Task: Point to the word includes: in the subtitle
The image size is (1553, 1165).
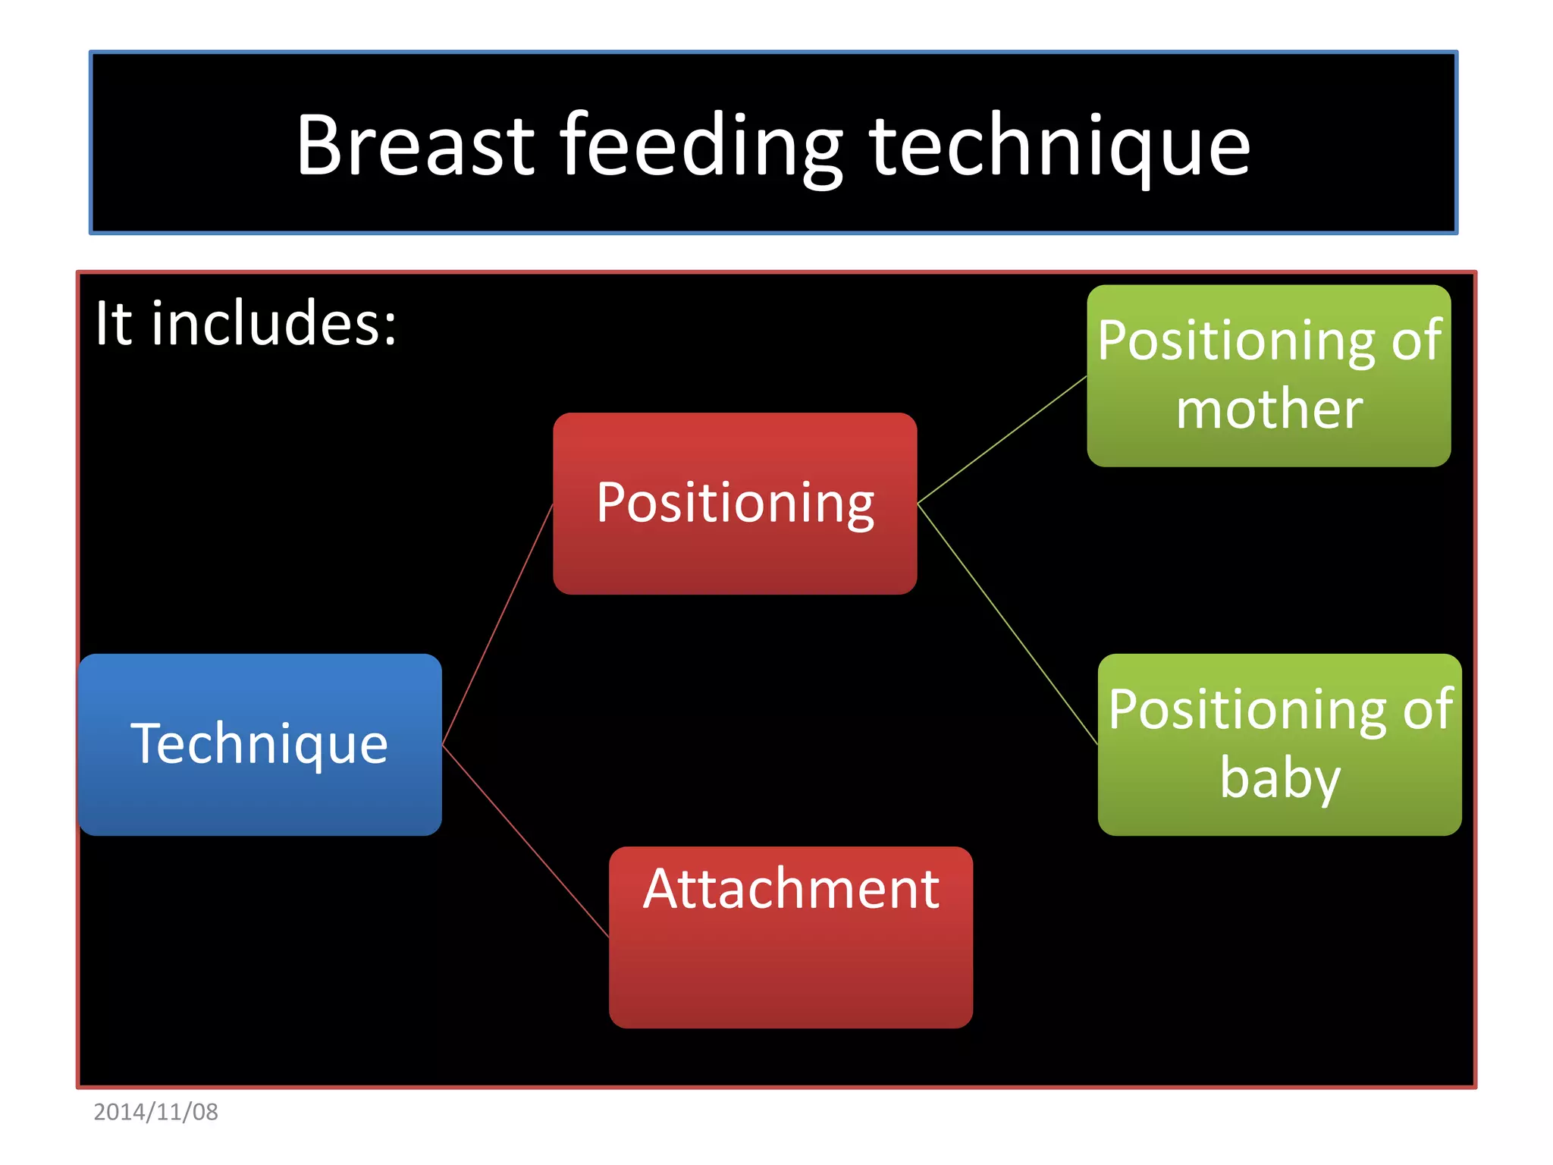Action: [274, 324]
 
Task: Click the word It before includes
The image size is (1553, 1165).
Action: [113, 324]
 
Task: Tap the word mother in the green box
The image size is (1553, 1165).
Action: [1269, 410]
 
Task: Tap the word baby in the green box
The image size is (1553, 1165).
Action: [1280, 779]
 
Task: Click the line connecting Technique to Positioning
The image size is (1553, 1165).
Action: [497, 623]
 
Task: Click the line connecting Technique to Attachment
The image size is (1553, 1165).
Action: [525, 840]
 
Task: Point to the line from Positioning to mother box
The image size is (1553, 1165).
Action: [1002, 440]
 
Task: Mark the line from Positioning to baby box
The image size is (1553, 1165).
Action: [1007, 623]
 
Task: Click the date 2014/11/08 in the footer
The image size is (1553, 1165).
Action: [155, 1112]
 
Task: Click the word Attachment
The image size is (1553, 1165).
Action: [790, 889]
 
